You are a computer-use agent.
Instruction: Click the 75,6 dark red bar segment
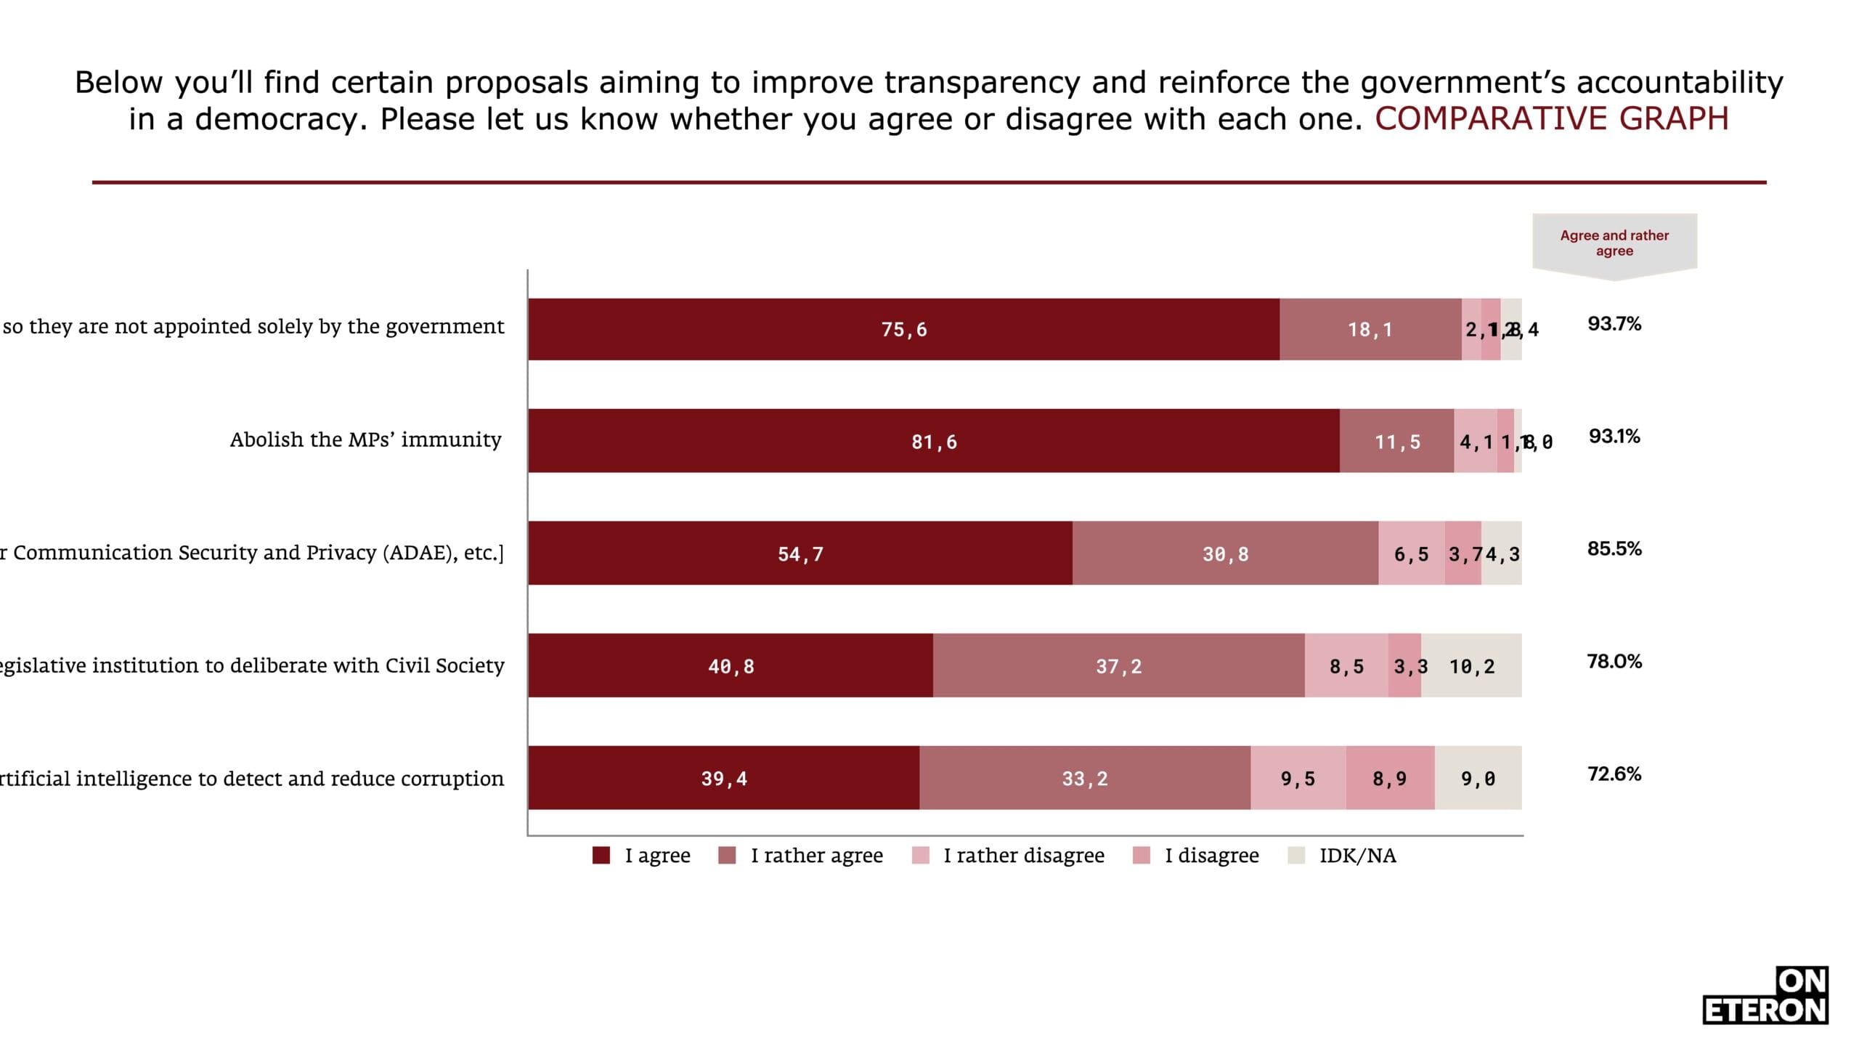[903, 329]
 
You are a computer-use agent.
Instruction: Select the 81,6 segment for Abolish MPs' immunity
[934, 441]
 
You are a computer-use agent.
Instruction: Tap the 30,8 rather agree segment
[1225, 554]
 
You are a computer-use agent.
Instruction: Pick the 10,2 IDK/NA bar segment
[1471, 665]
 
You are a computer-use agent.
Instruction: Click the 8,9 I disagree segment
[1390, 778]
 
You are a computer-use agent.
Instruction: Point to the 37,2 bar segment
[1118, 665]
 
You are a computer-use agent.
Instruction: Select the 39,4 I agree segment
[723, 778]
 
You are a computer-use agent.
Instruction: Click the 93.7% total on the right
[1614, 324]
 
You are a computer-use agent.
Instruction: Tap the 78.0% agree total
[1614, 662]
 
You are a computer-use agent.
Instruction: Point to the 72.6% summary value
[1614, 774]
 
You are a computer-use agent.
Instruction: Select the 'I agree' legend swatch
[601, 856]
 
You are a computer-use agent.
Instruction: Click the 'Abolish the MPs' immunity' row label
[365, 439]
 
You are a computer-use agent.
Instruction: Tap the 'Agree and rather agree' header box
[1614, 243]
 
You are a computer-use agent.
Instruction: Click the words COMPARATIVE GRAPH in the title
[1551, 119]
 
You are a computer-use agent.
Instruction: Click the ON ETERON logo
[1765, 996]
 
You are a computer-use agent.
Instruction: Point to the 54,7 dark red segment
[800, 554]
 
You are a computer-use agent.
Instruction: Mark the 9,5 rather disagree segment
[1298, 778]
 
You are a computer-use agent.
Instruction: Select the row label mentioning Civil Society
[251, 665]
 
